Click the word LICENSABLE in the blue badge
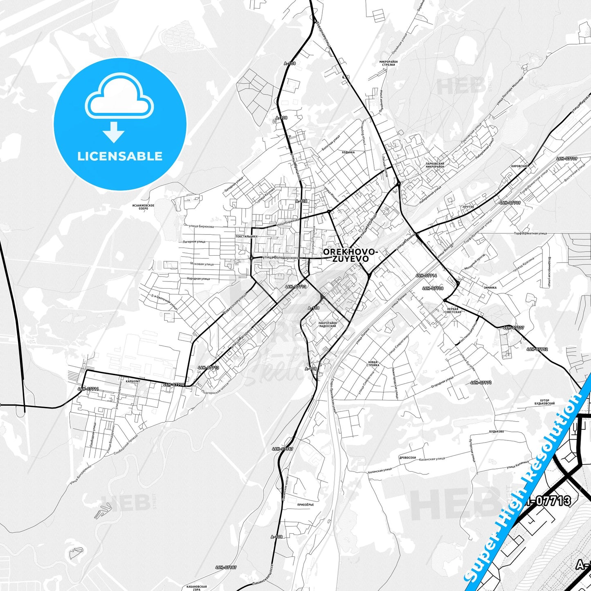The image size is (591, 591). [120, 156]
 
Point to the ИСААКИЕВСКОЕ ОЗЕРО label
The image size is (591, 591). [143, 207]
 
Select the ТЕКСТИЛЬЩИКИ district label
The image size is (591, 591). [246, 236]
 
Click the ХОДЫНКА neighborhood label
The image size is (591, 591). [348, 152]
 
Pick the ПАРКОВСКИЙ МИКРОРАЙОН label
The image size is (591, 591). [434, 165]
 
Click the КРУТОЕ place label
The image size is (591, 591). [468, 207]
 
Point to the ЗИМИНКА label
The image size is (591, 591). [490, 288]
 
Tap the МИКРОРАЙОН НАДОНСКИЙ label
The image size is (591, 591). [327, 325]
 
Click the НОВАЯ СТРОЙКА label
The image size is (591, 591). [373, 364]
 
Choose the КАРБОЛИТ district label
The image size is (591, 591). [133, 381]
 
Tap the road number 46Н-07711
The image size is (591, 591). [88, 389]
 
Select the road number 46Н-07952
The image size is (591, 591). [537, 349]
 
